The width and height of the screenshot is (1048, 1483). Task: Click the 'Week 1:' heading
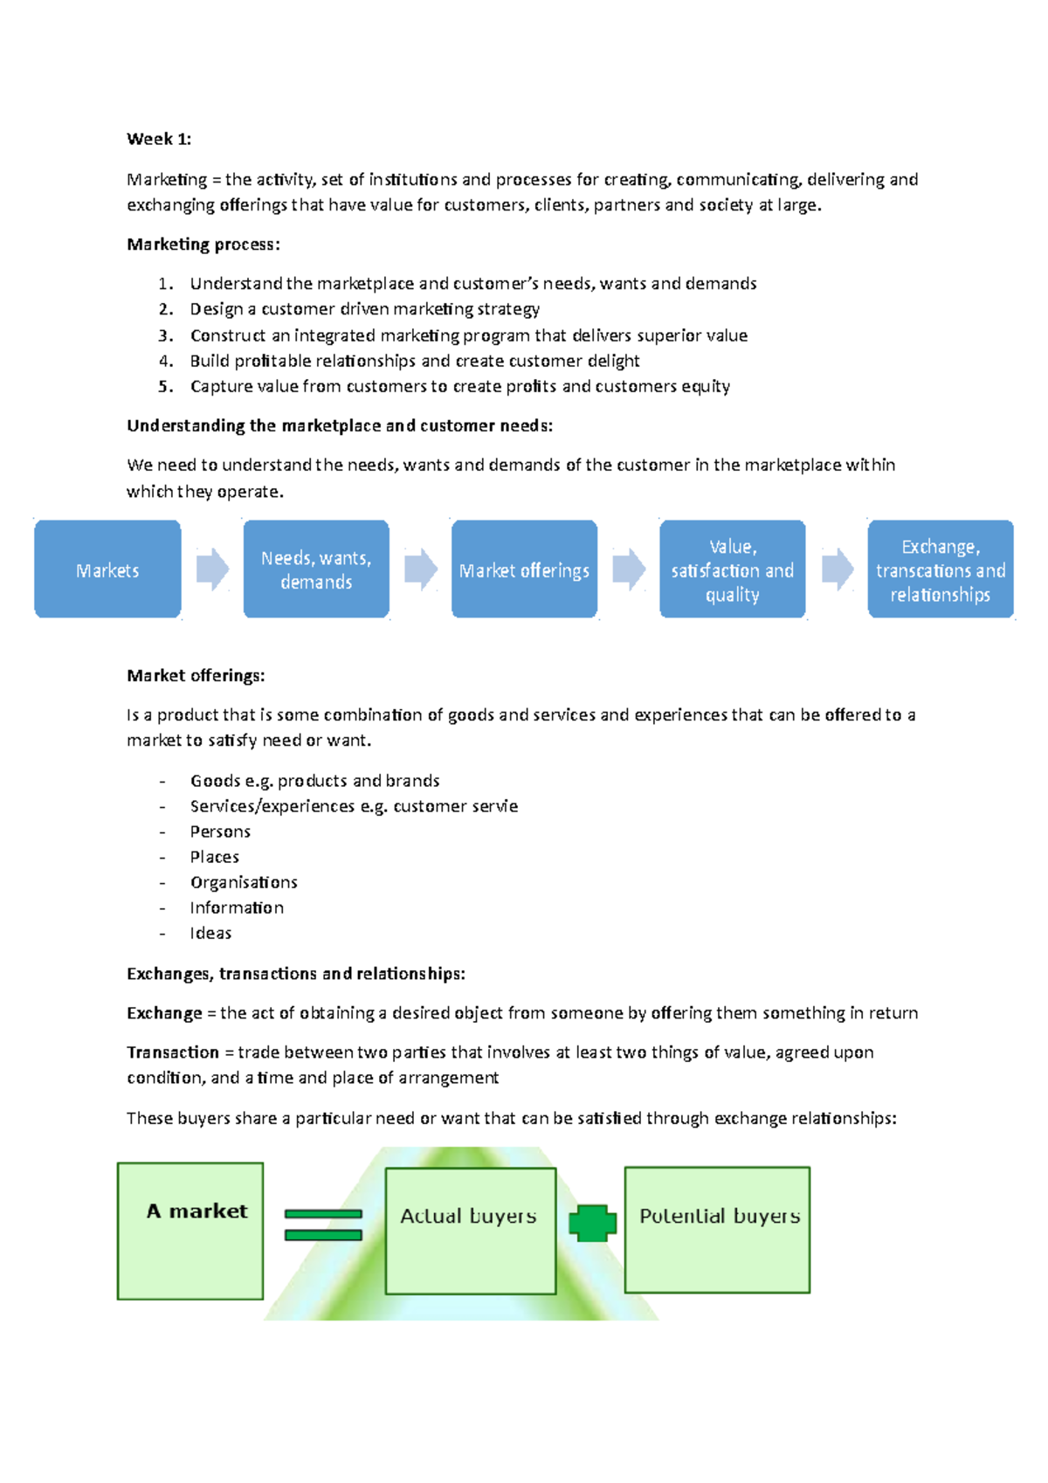point(159,139)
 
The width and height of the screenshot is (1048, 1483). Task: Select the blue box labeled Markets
point(107,570)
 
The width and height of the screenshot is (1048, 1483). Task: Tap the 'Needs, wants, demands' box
point(316,570)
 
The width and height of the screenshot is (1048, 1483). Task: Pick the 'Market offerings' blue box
point(524,570)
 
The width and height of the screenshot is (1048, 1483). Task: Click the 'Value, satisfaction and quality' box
point(732,570)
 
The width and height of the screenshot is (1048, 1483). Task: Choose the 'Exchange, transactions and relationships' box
point(941,570)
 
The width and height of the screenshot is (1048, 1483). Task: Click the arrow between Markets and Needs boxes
point(212,570)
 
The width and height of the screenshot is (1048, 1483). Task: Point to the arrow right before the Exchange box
point(838,570)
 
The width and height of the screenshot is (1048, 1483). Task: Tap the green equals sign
point(323,1224)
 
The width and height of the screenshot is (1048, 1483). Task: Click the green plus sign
point(592,1224)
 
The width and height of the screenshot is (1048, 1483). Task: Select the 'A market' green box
point(190,1231)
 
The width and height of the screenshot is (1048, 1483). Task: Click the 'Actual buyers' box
point(470,1231)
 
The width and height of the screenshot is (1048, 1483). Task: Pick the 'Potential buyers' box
point(717,1230)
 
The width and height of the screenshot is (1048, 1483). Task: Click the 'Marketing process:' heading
point(203,245)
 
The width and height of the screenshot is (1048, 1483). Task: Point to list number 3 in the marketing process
point(166,335)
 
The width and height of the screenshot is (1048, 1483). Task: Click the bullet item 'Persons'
point(220,831)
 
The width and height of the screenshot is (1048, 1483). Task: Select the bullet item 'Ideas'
point(210,933)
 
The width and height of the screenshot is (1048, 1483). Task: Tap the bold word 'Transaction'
point(173,1052)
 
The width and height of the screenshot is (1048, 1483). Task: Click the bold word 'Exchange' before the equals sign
point(164,1013)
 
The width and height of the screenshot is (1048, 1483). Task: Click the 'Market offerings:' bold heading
point(196,675)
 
